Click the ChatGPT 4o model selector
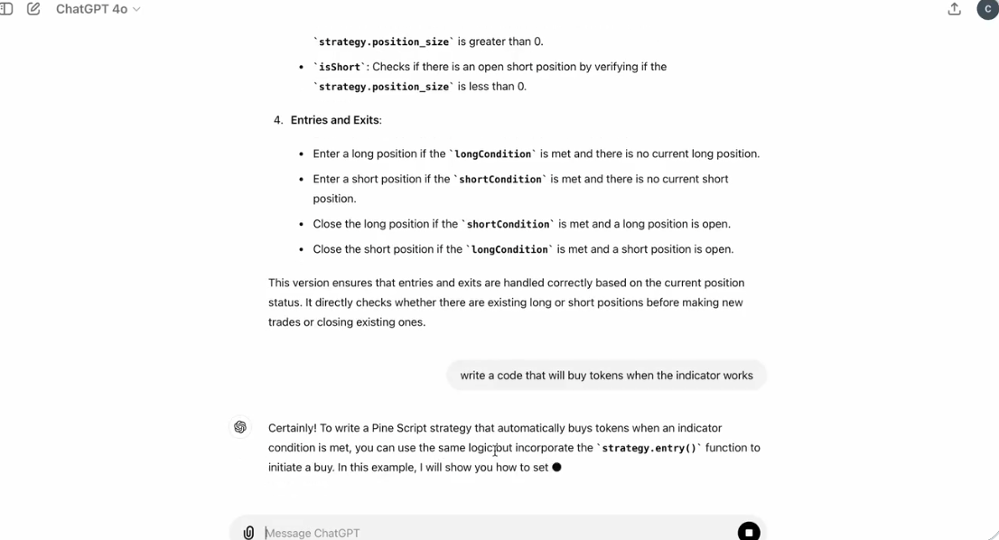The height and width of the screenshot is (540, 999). [x=98, y=9]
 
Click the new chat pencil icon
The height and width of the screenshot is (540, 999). [x=33, y=9]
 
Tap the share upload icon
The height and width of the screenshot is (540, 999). [x=954, y=9]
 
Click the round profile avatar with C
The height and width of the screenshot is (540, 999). [x=987, y=9]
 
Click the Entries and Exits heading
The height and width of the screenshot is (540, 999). [x=335, y=120]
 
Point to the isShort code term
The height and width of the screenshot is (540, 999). [x=339, y=67]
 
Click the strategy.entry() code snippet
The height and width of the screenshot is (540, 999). [x=649, y=448]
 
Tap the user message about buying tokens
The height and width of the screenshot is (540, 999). [x=606, y=376]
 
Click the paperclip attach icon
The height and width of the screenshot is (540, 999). [x=248, y=533]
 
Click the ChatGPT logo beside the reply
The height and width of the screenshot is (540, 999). [x=240, y=427]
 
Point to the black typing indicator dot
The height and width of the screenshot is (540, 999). [x=556, y=467]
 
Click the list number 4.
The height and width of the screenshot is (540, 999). [x=278, y=120]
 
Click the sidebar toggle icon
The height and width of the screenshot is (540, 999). [x=6, y=9]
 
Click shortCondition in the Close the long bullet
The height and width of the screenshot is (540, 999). [x=508, y=224]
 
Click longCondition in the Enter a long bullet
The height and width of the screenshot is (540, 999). [x=492, y=154]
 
